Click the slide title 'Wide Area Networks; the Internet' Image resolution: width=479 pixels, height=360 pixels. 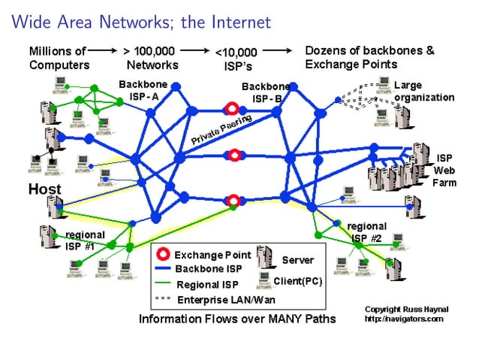(x=140, y=22)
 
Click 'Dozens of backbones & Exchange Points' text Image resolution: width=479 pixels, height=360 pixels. (x=369, y=58)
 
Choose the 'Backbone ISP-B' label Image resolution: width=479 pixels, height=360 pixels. (x=266, y=92)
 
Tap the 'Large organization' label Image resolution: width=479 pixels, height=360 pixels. (x=423, y=92)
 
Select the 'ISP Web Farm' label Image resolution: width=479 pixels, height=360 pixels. (x=444, y=171)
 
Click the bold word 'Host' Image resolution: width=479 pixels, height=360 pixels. (x=44, y=189)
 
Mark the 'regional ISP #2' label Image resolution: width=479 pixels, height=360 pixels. (x=366, y=232)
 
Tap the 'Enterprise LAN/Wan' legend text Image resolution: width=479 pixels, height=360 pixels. (x=220, y=300)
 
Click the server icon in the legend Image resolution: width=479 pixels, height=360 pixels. (x=264, y=256)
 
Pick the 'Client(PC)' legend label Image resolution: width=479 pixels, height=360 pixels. (x=298, y=281)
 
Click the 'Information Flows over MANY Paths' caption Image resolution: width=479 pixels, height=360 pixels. (x=237, y=319)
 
